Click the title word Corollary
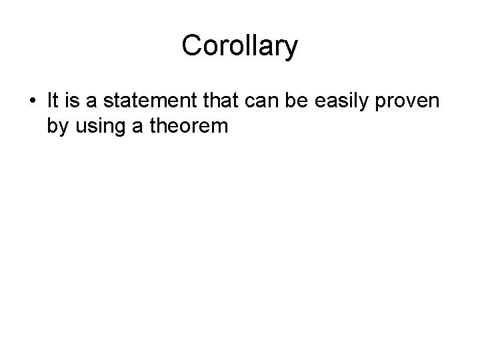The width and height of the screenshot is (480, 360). pos(239,47)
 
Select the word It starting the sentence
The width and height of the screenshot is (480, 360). pos(54,101)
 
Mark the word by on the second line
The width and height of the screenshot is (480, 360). pos(57,125)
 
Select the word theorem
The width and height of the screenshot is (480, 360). pos(185,125)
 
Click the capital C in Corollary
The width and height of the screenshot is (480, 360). pos(191,46)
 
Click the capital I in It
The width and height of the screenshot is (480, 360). pos(50,101)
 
